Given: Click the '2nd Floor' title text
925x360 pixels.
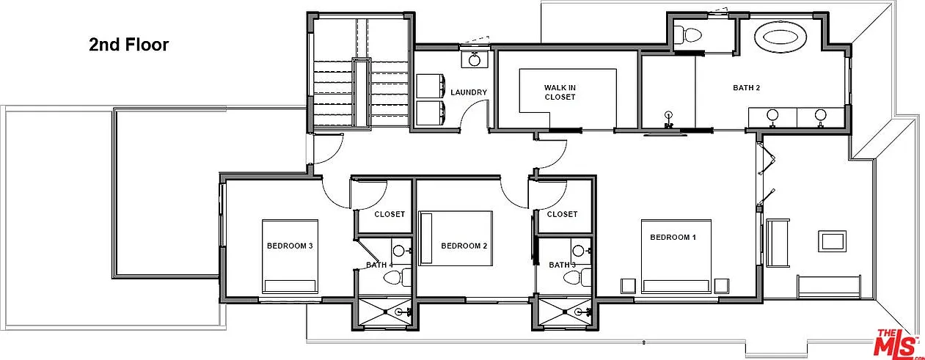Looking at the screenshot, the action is pyautogui.click(x=129, y=45).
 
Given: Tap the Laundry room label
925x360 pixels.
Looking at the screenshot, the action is pyautogui.click(x=469, y=92).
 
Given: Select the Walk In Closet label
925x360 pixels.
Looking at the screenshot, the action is pyautogui.click(x=560, y=92).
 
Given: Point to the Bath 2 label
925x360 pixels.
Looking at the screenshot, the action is pyautogui.click(x=746, y=87).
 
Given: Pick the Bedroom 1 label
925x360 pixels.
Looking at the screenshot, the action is pyautogui.click(x=673, y=237).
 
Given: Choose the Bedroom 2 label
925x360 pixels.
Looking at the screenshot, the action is pyautogui.click(x=464, y=246).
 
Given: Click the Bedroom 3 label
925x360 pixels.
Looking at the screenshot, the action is pyautogui.click(x=290, y=246).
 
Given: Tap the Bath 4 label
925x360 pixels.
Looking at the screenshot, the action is pyautogui.click(x=379, y=265).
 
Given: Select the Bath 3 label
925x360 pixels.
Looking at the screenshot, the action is pyautogui.click(x=562, y=265).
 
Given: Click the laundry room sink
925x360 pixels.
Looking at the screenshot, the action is pyautogui.click(x=475, y=59).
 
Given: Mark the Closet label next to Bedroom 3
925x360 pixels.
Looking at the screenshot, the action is pyautogui.click(x=390, y=214).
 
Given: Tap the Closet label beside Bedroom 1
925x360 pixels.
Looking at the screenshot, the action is pyautogui.click(x=562, y=214).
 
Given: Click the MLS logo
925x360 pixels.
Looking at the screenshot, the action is pyautogui.click(x=897, y=342).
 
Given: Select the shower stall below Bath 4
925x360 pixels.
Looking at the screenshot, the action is pyautogui.click(x=385, y=312).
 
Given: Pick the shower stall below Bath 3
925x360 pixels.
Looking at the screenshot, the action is pyautogui.click(x=565, y=312).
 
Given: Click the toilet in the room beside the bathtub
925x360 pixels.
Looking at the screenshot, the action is pyautogui.click(x=687, y=34).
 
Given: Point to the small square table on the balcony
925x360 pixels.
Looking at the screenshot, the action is pyautogui.click(x=833, y=241).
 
